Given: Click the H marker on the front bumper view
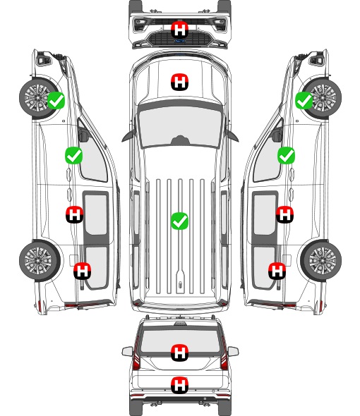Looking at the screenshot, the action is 179,30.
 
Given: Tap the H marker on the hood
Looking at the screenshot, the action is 179,82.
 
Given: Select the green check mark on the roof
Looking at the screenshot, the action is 179,221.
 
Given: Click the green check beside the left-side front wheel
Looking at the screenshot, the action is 56,100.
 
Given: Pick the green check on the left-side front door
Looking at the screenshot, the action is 74,155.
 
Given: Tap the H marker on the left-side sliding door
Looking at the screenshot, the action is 74,214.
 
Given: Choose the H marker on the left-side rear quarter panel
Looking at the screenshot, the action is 82,271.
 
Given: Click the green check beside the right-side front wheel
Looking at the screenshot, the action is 304,100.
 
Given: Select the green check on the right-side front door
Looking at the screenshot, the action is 286,155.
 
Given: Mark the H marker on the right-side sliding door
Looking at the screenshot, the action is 284,214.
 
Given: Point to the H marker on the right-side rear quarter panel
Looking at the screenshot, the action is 277,271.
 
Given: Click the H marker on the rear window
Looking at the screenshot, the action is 179,353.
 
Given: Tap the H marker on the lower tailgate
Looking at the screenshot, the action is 179,385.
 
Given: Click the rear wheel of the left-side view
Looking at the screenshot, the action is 40,260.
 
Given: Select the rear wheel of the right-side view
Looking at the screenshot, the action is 321,260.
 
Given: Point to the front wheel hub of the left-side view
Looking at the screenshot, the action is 37,97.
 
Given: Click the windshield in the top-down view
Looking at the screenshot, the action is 180,126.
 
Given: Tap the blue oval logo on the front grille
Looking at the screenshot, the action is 180,41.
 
